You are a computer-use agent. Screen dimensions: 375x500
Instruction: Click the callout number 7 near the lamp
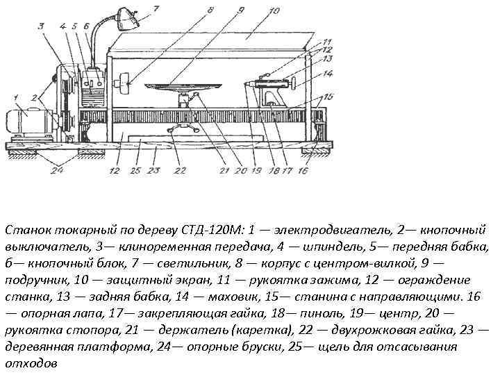155,9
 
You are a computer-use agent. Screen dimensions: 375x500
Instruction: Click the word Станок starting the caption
25,229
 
